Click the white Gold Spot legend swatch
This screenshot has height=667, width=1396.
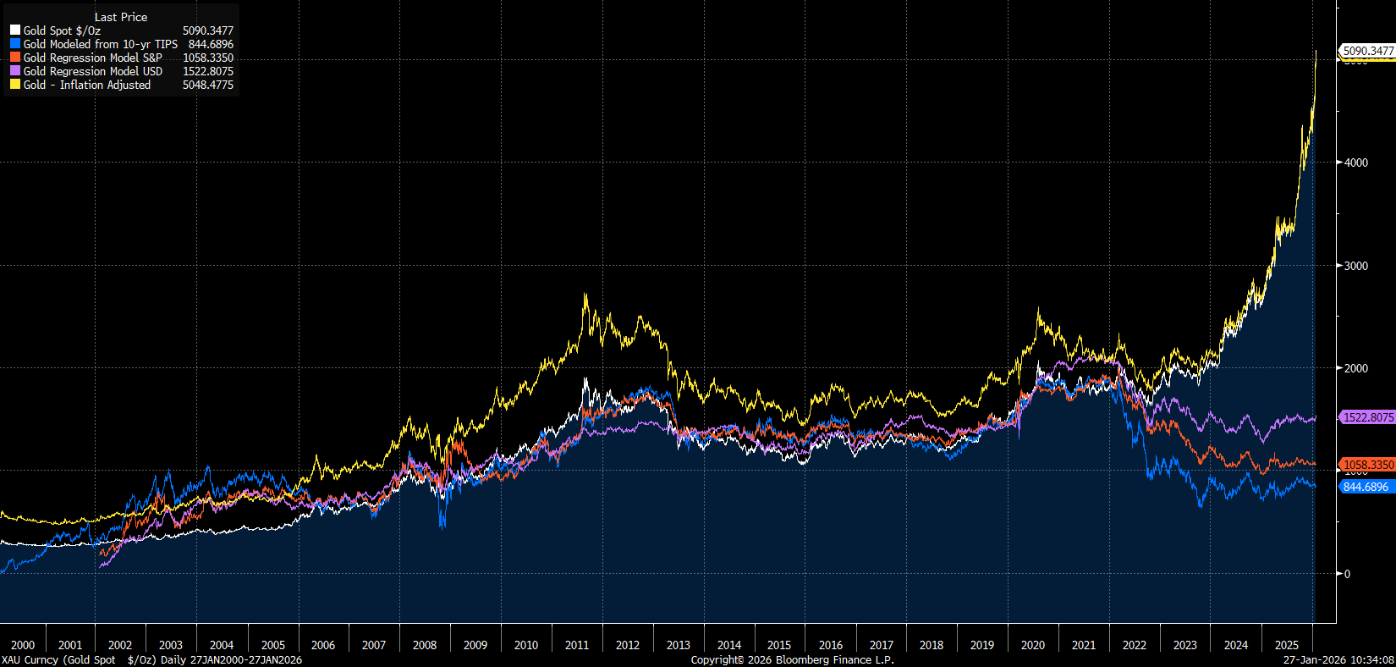point(14,30)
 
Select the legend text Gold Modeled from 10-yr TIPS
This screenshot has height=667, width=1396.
point(100,44)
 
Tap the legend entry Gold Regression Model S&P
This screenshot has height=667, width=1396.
point(92,58)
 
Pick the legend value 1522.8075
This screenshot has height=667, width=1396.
point(207,71)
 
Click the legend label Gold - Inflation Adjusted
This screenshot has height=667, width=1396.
point(86,85)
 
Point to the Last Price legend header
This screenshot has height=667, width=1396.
point(120,17)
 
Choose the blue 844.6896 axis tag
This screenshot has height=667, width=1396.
point(1366,487)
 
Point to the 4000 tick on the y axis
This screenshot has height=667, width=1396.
point(1356,163)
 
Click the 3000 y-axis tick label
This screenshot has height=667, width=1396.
point(1356,266)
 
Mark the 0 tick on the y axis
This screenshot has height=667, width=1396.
point(1348,574)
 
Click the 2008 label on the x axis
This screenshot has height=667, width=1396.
point(425,645)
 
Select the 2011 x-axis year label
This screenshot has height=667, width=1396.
point(577,645)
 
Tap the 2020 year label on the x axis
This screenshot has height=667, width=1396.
point(1033,645)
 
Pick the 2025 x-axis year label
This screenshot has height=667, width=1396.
point(1286,645)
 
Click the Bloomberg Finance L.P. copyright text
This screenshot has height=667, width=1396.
point(792,660)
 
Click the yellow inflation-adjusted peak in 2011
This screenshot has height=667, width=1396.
point(585,295)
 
